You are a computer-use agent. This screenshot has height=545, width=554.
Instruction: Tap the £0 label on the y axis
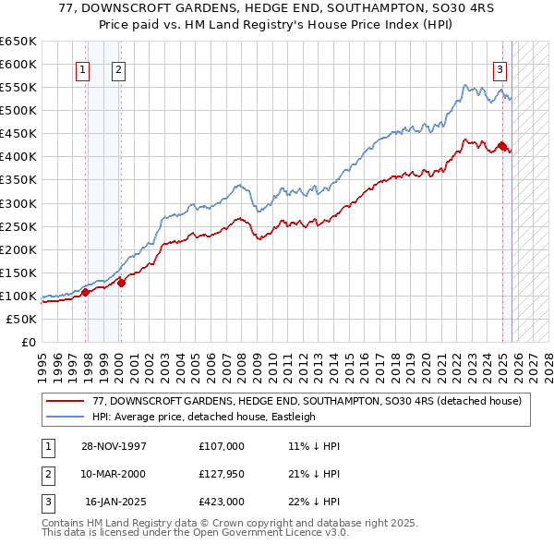click(x=28, y=342)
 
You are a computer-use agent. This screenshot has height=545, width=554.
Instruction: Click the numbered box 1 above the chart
click(x=83, y=68)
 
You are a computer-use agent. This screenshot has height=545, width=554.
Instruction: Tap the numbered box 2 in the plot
click(x=120, y=68)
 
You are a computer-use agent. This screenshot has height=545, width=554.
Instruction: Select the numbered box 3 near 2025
click(x=500, y=68)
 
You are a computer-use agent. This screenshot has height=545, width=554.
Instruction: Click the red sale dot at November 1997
click(x=86, y=292)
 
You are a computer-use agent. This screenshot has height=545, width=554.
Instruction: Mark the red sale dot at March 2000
click(x=121, y=283)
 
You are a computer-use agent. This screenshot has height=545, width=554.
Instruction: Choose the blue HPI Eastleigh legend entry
click(x=203, y=417)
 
